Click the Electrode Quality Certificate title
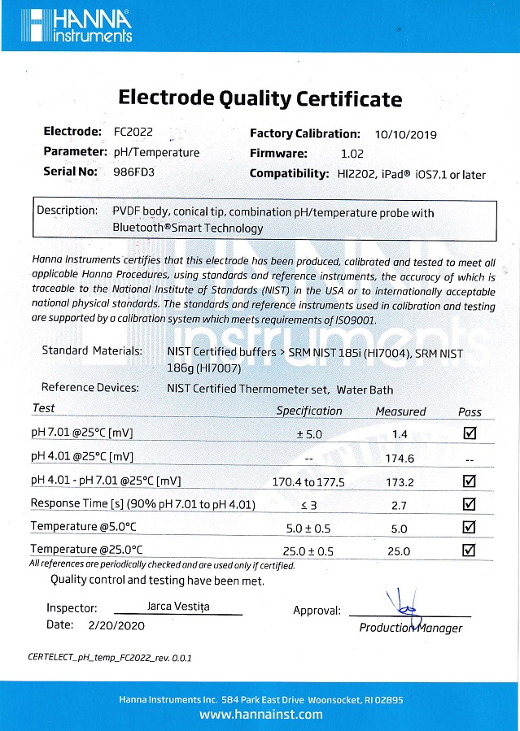point(260,98)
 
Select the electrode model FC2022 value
point(133,132)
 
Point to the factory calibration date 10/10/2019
point(406,134)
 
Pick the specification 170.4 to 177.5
point(308,481)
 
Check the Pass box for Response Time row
point(469,504)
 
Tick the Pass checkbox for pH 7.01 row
point(469,433)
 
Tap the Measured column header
point(400,411)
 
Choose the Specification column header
point(309,411)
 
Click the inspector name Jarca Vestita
point(177,606)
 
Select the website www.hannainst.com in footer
point(260,715)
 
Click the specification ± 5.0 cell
point(310,434)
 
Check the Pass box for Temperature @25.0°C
point(469,550)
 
